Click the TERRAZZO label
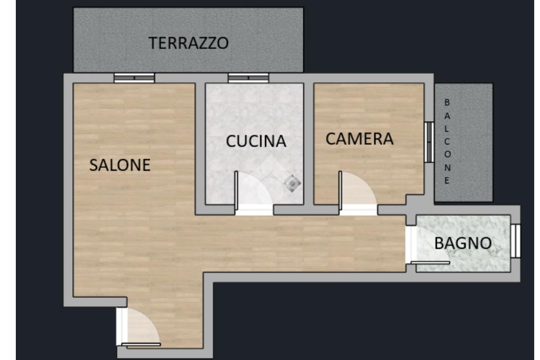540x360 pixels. click(x=188, y=43)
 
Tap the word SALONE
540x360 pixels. click(x=120, y=165)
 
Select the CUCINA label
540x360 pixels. click(x=256, y=141)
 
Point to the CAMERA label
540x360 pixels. click(x=359, y=139)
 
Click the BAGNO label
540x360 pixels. click(x=463, y=244)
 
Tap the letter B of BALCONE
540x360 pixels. click(x=447, y=103)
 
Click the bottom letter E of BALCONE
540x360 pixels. click(x=447, y=181)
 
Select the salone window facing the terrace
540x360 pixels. click(x=134, y=78)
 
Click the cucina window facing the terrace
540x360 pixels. click(x=248, y=78)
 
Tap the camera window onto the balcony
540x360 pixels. click(x=429, y=142)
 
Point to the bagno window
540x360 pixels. click(x=516, y=240)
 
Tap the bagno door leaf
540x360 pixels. click(x=430, y=263)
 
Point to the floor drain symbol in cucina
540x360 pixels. click(x=292, y=183)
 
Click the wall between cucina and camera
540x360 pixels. click(x=308, y=144)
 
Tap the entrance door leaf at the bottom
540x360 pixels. click(x=141, y=344)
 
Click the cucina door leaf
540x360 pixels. click(x=236, y=190)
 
